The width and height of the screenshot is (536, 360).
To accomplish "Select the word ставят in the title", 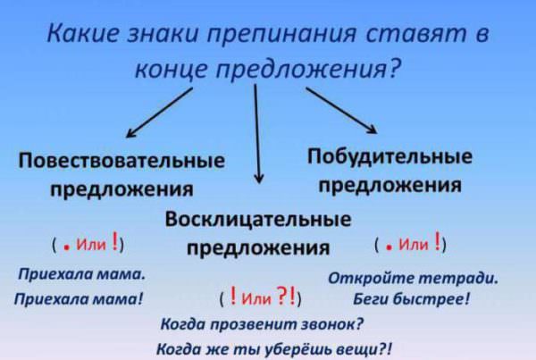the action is click(x=416, y=34).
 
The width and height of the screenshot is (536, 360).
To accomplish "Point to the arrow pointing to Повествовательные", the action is click(x=159, y=113).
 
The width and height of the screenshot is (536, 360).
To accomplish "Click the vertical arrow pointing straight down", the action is click(x=257, y=134).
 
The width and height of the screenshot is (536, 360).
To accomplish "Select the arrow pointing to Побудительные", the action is click(x=341, y=111).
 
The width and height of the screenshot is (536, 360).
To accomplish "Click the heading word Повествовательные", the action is click(x=121, y=160).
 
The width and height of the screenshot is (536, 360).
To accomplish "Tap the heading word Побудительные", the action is click(x=389, y=156).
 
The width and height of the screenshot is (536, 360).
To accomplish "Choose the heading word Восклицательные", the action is click(x=258, y=219).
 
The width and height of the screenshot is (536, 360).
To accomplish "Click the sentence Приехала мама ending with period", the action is click(x=81, y=274).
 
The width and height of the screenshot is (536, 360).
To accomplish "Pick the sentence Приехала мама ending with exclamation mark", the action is click(x=79, y=298).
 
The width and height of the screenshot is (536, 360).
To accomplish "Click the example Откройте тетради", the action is click(x=414, y=278).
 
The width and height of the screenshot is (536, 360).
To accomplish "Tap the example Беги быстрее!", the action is click(x=411, y=299).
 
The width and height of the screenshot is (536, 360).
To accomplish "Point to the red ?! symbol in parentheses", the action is click(x=286, y=296).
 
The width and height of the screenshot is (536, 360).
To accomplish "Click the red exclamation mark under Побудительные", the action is click(x=437, y=240).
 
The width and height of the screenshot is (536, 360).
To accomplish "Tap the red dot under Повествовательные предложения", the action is click(x=67, y=248).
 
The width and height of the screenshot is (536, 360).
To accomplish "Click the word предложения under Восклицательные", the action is click(x=258, y=247).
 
